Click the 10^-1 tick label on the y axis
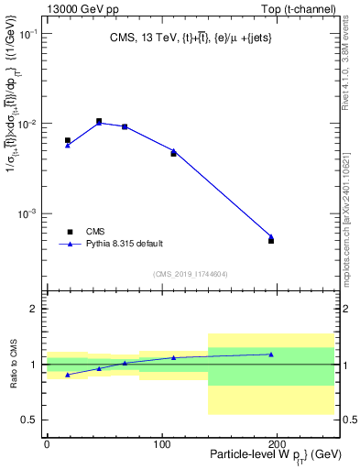click(x=26, y=33)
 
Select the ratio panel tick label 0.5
click(x=29, y=420)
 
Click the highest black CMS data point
click(x=99, y=121)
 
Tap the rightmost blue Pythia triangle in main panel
click(x=271, y=236)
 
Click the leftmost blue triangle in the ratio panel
click(x=68, y=375)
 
